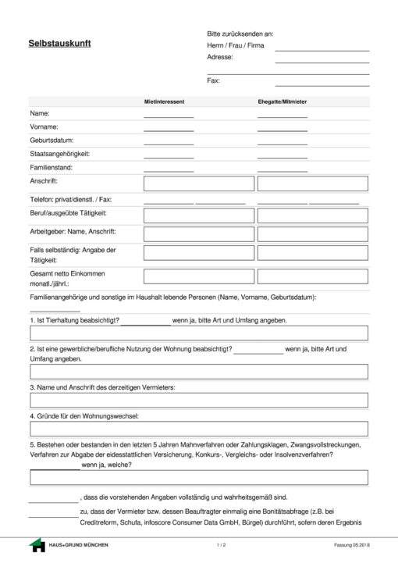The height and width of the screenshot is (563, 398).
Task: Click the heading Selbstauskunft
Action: coord(59,44)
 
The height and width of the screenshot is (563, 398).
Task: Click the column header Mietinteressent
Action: coord(164,102)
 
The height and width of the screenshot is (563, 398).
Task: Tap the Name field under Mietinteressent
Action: coord(168,114)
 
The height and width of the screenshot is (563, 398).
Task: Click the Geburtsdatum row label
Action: coord(54,141)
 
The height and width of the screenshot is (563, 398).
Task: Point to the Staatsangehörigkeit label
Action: coord(60,154)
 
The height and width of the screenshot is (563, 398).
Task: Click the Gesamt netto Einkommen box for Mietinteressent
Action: coord(199,276)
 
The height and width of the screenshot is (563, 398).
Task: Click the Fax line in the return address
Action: coord(322,82)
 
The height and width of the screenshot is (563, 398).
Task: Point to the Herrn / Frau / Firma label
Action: coord(235,45)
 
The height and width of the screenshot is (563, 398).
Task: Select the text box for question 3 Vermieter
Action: coord(198,401)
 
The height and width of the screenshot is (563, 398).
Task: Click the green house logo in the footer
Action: coord(37,544)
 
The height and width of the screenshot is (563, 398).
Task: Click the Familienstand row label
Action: coord(52,167)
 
